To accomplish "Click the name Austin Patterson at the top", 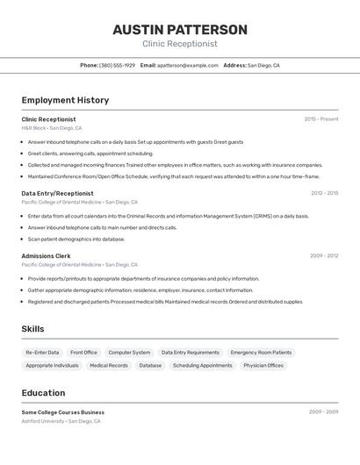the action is point(180,30).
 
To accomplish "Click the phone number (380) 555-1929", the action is point(117,66).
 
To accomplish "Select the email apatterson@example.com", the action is point(187,66).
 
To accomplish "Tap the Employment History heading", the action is point(65,100).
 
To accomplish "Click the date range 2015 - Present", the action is point(321,119).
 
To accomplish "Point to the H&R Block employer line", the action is point(52,128).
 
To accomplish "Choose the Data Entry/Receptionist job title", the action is point(57,193).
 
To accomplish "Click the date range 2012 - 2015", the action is point(324,193).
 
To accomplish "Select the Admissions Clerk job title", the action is point(46,256).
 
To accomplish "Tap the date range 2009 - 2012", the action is point(323,256).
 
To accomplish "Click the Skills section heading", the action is point(32,329).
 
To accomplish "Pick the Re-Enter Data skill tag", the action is point(42,353).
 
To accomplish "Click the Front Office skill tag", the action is point(83,353).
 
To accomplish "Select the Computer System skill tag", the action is point(129,353).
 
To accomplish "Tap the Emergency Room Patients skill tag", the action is point(260,353).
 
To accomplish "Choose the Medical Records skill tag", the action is point(109,366).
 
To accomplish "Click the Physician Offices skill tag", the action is point(263,366).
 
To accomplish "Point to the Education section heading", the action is point(43,393).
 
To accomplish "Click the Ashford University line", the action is point(61,421).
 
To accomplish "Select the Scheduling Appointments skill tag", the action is point(202,366).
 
